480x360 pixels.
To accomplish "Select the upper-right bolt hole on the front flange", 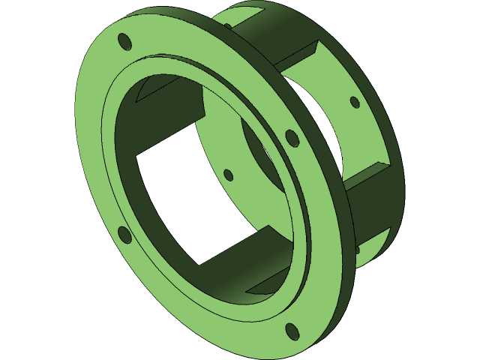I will click(292, 138).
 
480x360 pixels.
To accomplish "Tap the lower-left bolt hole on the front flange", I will click(125, 236).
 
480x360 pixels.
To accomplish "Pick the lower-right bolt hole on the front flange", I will click(292, 331).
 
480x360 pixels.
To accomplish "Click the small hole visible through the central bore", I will click(229, 175).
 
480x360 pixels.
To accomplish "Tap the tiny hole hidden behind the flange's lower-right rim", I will click(357, 249).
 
